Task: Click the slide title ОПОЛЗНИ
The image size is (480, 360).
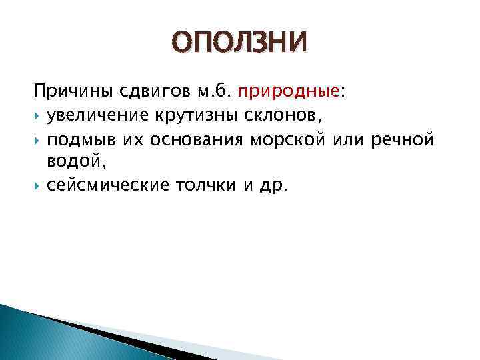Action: point(240,44)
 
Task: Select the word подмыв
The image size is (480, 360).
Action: point(73,141)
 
